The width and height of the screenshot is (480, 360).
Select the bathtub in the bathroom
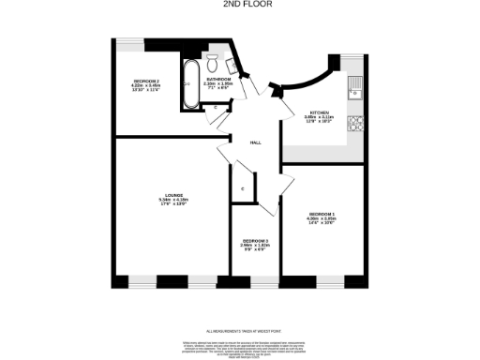[188, 85]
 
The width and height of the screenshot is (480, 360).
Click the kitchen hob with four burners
[355, 123]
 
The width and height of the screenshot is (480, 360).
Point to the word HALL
[255, 142]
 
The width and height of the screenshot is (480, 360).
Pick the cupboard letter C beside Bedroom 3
[243, 189]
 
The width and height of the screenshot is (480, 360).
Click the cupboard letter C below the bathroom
[217, 107]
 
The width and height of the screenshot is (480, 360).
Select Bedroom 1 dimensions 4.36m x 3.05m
[321, 220]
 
